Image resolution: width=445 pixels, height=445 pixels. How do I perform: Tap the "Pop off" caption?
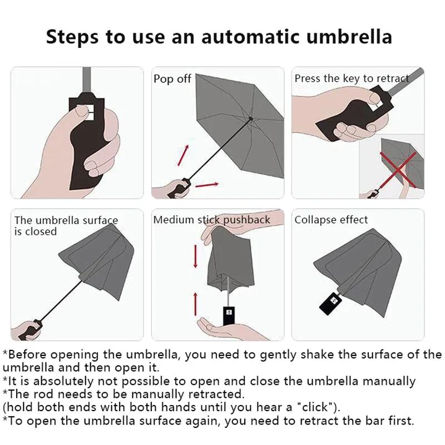coord(172,79)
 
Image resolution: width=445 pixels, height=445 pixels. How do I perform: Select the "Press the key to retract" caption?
coord(352,78)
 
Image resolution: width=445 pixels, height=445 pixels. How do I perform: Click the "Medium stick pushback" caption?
coord(211,220)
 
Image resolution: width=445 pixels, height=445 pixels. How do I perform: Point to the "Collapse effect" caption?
coord(331,220)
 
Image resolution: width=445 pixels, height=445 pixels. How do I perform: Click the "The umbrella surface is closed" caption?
coord(66,225)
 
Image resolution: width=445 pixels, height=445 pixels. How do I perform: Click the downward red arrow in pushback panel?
coord(196,256)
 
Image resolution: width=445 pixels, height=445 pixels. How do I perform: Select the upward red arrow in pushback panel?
coord(196,303)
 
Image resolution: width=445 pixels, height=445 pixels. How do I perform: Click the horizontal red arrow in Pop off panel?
coord(207,184)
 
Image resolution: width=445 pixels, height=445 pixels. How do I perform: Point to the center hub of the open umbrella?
coord(251,119)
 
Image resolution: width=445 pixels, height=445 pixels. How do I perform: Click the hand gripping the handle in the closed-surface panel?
coord(26,329)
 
